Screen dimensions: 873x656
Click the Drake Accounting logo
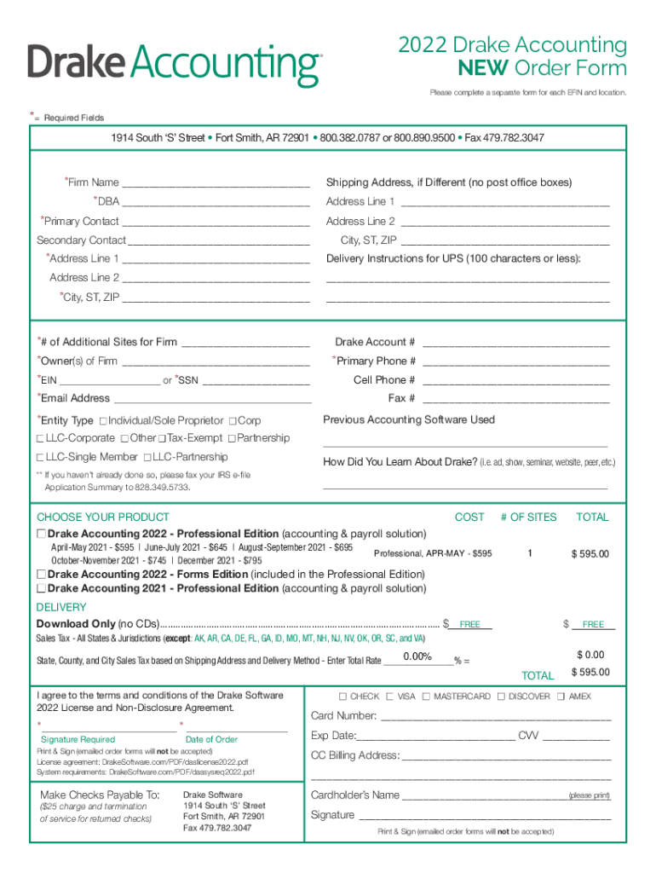point(174,65)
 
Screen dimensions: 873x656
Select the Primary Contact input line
point(216,222)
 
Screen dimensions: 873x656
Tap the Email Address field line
point(212,399)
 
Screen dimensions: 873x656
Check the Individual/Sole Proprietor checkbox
point(103,421)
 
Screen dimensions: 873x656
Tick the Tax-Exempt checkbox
point(162,438)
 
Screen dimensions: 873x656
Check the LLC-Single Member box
point(40,457)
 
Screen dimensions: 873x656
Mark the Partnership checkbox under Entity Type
point(233,438)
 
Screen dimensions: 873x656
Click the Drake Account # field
point(515,343)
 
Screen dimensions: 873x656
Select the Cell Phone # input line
point(515,380)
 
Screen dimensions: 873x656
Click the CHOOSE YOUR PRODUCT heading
point(103,517)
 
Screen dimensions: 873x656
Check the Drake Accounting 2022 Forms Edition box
point(41,575)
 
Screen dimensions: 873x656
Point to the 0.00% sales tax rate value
point(417,656)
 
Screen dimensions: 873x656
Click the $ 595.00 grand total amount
point(590,673)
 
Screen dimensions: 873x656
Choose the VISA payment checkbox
point(390,697)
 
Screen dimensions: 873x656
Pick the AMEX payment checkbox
point(561,697)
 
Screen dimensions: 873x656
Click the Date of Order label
point(211,739)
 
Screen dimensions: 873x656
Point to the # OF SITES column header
point(528,517)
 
